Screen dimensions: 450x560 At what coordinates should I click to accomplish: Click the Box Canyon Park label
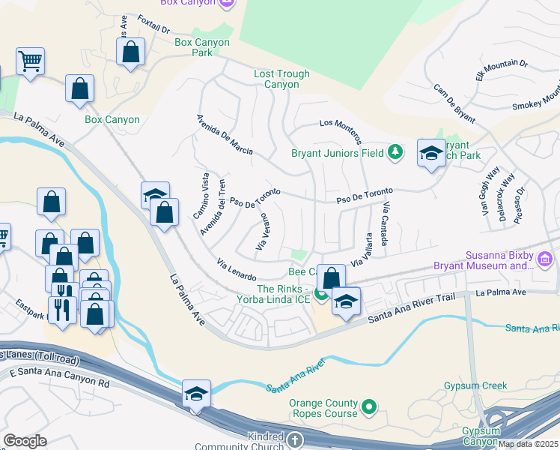point(201,48)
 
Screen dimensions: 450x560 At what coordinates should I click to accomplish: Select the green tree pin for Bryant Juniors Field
point(395,153)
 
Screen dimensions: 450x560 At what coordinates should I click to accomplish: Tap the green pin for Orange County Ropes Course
point(368,408)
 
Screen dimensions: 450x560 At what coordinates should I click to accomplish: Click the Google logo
point(25,441)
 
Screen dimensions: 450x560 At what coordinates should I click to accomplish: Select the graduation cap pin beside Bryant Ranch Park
point(431,154)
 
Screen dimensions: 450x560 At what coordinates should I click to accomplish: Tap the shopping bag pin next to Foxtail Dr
point(130,52)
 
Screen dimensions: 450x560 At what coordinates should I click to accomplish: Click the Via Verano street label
point(262,232)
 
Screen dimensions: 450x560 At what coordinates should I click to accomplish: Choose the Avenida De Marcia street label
point(225,134)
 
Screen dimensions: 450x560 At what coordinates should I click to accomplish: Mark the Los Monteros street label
point(341,131)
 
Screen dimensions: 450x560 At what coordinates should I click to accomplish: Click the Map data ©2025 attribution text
point(529,444)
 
